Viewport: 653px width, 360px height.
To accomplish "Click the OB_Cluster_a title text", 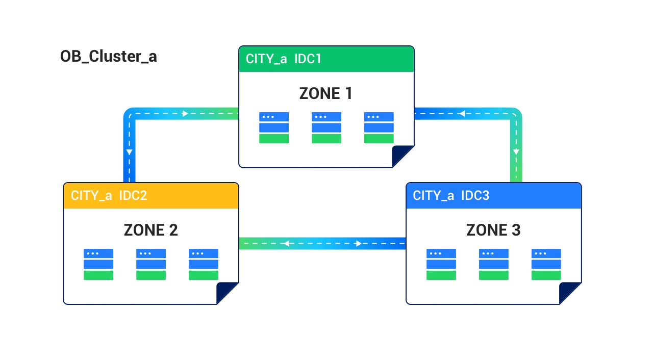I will [108, 57].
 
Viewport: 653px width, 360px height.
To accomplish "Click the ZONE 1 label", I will [325, 93].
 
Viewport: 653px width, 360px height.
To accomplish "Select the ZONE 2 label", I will [150, 230].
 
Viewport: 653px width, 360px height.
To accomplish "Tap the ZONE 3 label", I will [493, 230].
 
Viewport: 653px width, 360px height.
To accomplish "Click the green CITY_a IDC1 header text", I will [283, 59].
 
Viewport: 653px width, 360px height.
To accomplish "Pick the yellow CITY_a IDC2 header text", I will [109, 195].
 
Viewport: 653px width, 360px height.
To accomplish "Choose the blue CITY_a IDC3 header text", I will [451, 195].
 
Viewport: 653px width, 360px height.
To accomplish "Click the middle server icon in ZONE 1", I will [326, 128].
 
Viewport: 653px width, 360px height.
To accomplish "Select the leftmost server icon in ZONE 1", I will [274, 128].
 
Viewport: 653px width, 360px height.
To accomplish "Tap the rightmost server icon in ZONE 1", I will [379, 128].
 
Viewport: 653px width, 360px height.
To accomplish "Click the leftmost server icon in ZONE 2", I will [98, 264].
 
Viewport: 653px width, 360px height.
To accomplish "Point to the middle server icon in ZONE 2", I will [151, 264].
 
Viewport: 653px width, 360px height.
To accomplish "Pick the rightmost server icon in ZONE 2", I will [204, 264].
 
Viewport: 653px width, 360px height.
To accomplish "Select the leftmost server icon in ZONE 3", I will [441, 264].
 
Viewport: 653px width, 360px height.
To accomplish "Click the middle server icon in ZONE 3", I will [494, 264].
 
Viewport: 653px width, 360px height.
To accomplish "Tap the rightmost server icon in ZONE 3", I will [546, 264].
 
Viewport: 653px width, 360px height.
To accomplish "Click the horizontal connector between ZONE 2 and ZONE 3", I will [322, 243].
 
